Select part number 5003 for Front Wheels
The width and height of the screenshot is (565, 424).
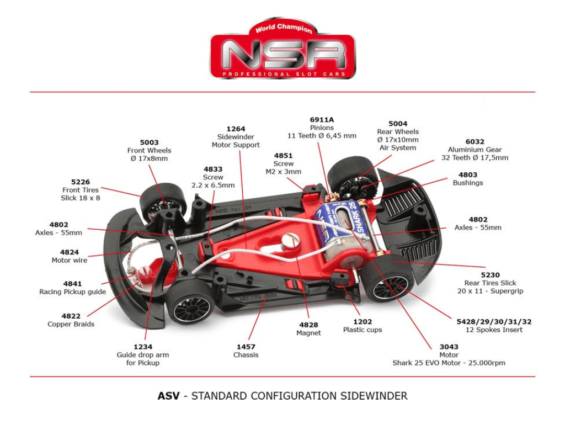[149, 142]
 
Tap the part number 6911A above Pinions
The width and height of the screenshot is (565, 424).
[322, 119]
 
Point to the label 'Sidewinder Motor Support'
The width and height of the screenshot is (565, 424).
[236, 141]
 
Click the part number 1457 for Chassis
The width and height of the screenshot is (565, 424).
[246, 346]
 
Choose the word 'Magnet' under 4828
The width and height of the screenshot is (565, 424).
[308, 333]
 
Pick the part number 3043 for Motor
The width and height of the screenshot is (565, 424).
[449, 347]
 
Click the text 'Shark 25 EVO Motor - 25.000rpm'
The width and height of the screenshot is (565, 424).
[449, 363]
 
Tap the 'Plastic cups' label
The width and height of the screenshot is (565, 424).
[363, 330]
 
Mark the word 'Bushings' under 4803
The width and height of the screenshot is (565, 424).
[467, 183]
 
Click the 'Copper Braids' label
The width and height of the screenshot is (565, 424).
[71, 324]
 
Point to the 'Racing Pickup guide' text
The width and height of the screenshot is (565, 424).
[72, 291]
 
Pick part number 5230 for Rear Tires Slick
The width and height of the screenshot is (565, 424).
[490, 274]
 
